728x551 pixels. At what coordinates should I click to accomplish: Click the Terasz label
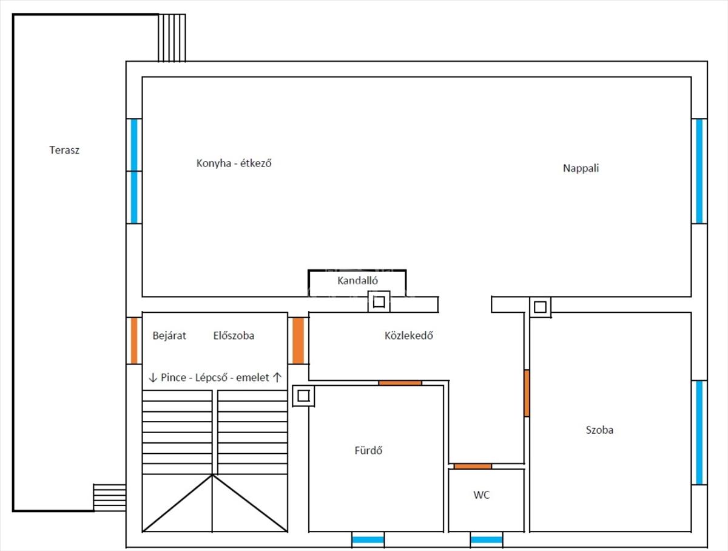[x=64, y=150]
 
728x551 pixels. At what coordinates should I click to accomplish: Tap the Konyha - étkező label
[x=234, y=163]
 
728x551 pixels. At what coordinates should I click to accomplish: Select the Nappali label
[x=581, y=168]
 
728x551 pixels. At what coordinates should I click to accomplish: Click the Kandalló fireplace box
[x=357, y=283]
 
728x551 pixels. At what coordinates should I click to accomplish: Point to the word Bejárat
[x=169, y=335]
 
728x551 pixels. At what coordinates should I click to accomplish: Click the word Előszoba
[x=234, y=335]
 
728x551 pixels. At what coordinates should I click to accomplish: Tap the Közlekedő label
[x=409, y=335]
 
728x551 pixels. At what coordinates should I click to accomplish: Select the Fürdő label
[x=368, y=450]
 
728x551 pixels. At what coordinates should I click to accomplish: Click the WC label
[x=482, y=495]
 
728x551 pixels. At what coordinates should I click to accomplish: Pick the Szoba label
[x=599, y=430]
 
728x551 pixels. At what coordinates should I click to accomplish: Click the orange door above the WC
[x=473, y=467]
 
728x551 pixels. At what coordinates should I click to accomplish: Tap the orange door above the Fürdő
[x=400, y=383]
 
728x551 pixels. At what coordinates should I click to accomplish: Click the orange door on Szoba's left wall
[x=527, y=393]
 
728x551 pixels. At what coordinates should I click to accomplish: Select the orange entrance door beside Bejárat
[x=134, y=340]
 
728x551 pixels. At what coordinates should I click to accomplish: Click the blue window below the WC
[x=487, y=539]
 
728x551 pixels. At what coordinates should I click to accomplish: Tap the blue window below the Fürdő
[x=368, y=539]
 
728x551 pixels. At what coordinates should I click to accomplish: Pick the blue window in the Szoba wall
[x=699, y=433]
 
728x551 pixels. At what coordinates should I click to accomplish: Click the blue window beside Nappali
[x=699, y=171]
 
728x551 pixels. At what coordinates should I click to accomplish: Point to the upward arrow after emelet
[x=277, y=377]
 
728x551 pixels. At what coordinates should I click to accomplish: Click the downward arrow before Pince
[x=152, y=377]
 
